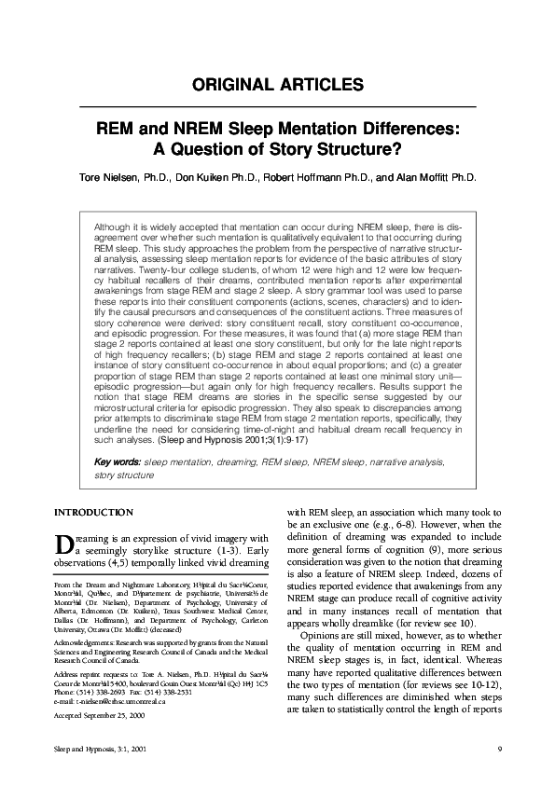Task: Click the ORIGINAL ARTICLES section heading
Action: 277,85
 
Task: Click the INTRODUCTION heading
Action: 93,513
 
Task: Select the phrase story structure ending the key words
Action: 123,475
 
